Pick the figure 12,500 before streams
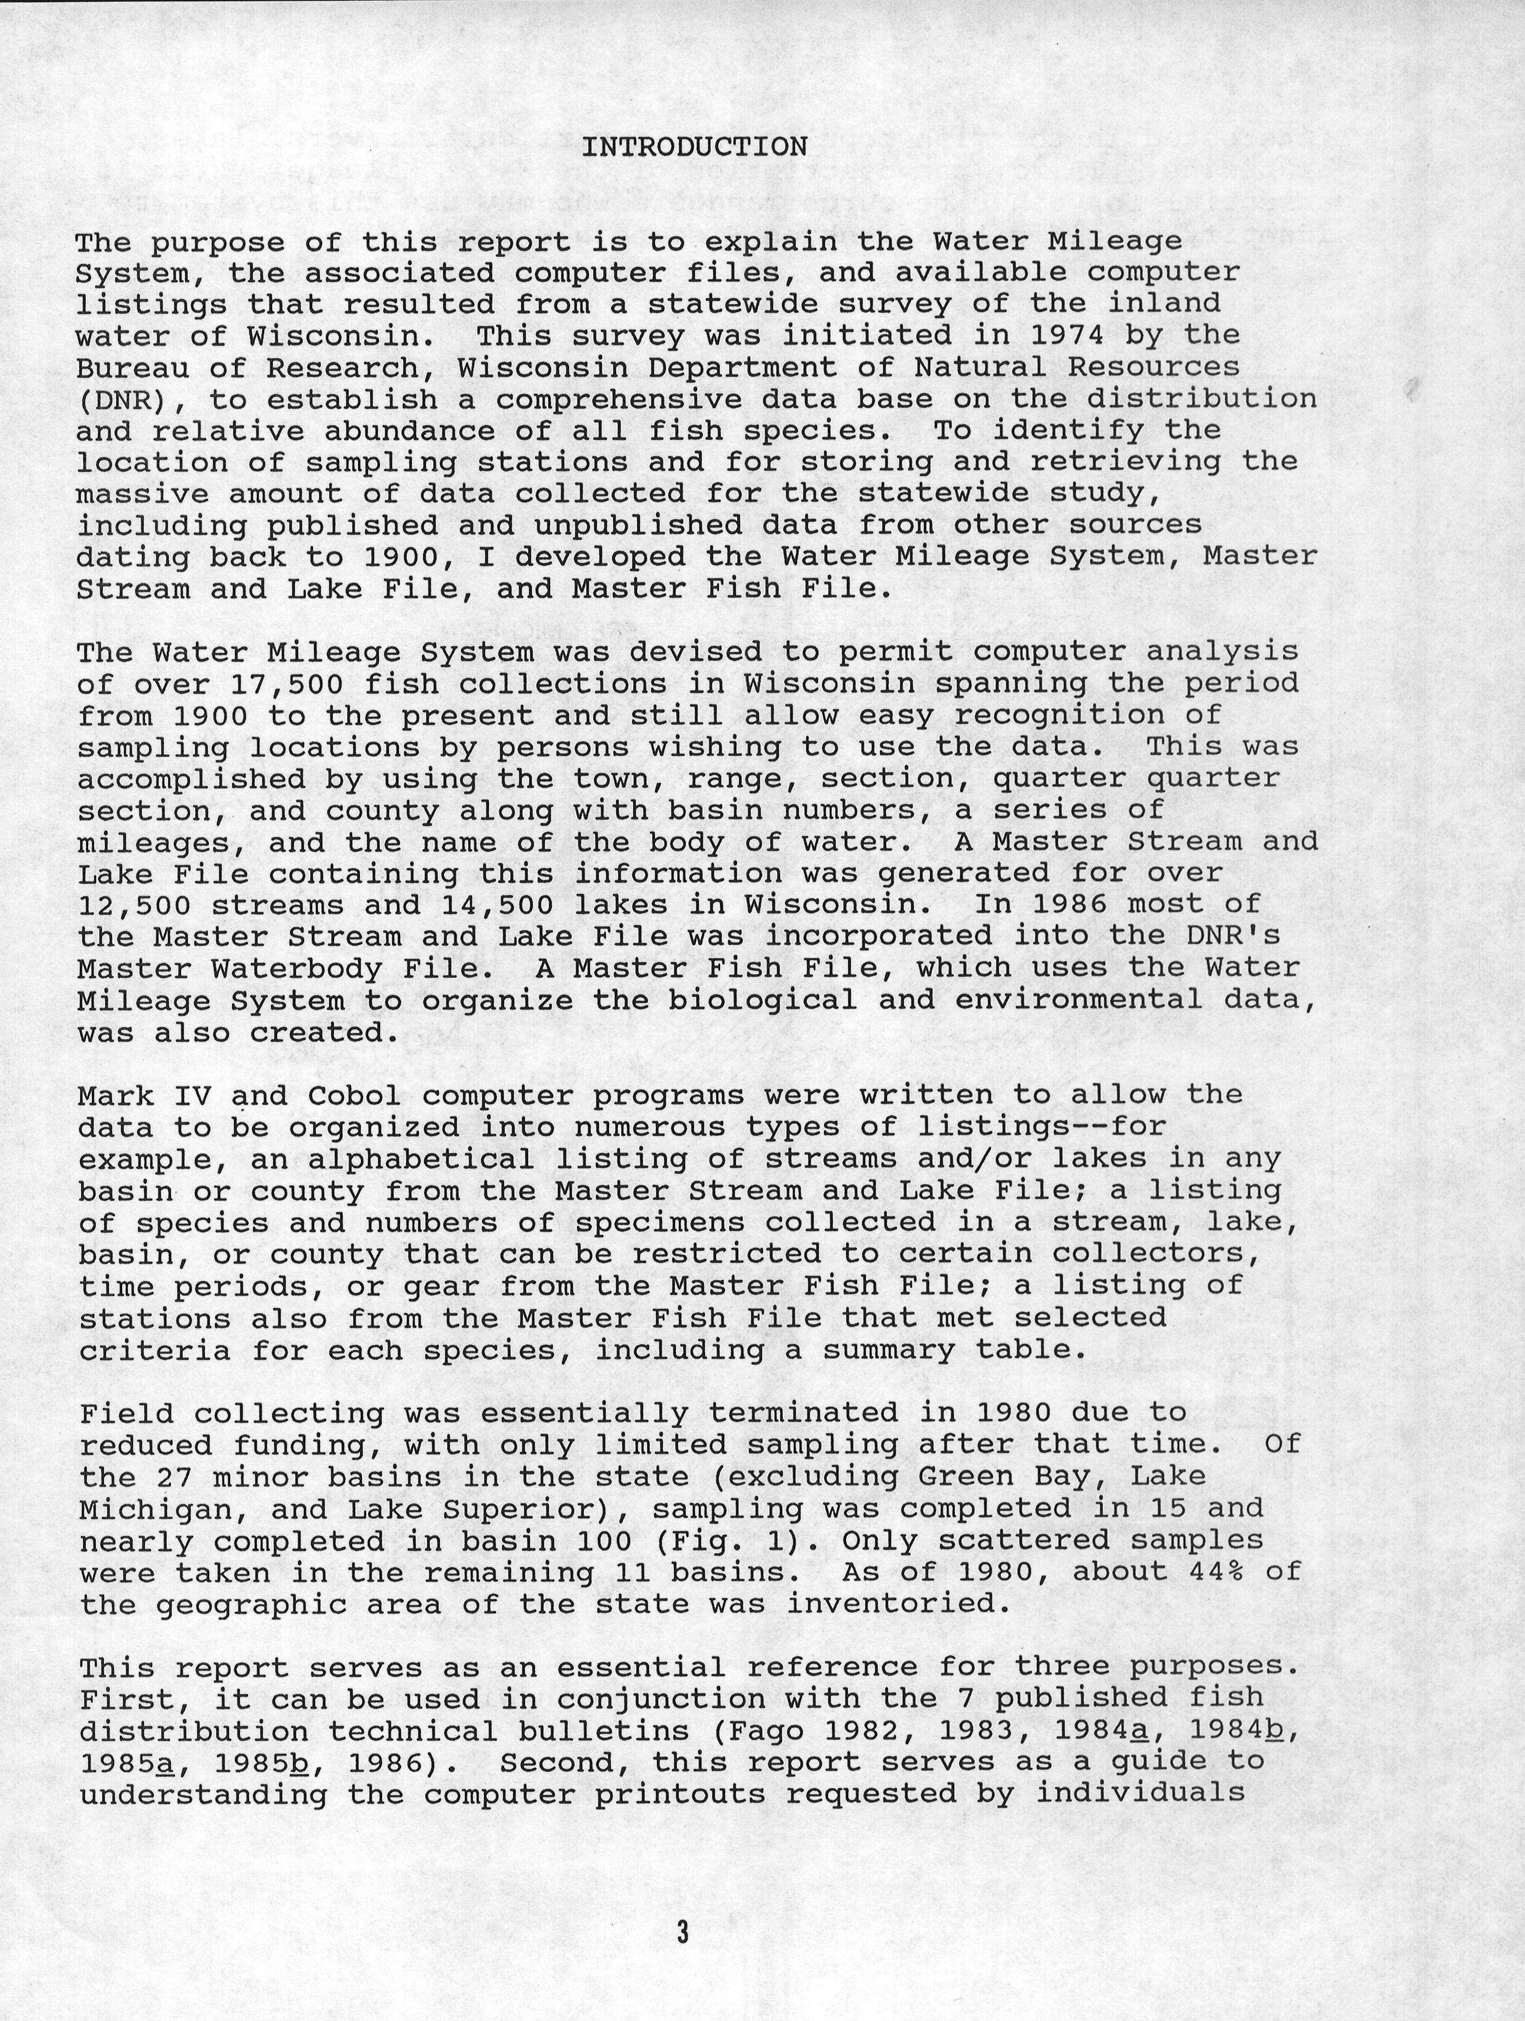(134, 906)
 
